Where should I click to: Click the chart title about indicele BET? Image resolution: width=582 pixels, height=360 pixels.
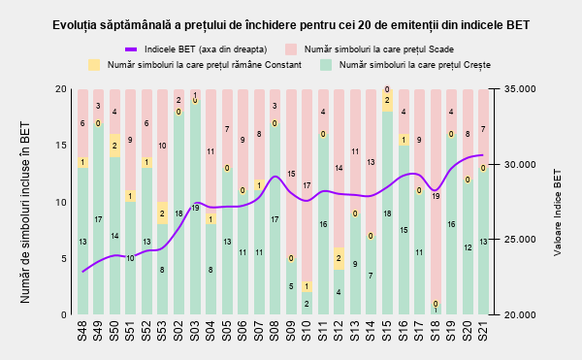tap(291, 25)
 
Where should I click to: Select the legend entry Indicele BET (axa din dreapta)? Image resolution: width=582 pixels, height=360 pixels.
tap(196, 49)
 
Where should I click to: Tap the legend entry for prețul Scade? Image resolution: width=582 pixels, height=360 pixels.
tap(370, 49)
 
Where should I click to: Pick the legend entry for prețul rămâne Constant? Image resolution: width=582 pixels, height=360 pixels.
tap(195, 65)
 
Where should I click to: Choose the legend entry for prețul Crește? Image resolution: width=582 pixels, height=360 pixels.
tap(405, 65)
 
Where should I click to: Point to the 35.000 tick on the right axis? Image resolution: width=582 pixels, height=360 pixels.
tap(520, 89)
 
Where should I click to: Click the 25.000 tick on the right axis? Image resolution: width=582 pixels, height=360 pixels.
tap(520, 240)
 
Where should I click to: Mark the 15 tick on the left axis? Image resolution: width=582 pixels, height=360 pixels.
tap(61, 146)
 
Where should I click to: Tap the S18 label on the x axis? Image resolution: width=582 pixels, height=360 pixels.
tap(435, 332)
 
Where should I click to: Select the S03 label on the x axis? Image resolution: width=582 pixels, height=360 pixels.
tap(194, 332)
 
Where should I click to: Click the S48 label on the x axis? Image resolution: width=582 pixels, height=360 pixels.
tap(82, 332)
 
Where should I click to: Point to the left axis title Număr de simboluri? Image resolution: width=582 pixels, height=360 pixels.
tap(25, 213)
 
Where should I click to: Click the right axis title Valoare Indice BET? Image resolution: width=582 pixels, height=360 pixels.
tap(558, 213)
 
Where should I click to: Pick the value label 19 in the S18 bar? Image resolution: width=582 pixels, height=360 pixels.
tap(436, 196)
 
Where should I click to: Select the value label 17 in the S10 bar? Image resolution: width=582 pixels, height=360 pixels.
tap(307, 185)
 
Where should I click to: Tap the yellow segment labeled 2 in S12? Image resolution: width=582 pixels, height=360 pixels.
tap(339, 258)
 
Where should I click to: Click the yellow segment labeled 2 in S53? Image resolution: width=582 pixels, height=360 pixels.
tap(162, 213)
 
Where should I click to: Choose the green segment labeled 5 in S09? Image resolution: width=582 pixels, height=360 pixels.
tap(291, 286)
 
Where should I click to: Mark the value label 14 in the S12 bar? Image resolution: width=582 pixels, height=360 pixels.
tap(339, 168)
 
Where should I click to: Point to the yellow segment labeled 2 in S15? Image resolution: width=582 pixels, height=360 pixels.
tap(387, 100)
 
